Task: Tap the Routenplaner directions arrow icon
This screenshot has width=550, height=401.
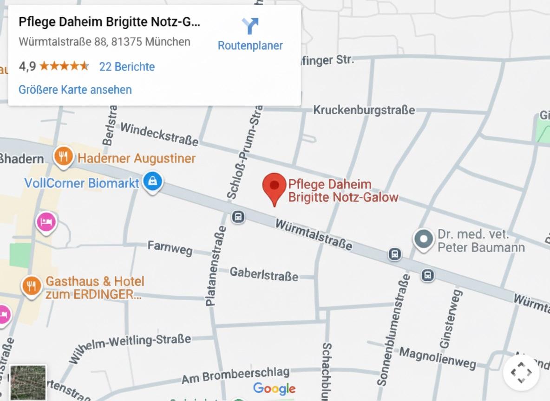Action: pos(250,26)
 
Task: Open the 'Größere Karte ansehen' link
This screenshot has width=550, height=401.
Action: pos(75,90)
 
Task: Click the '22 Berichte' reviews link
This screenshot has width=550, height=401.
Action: pos(127,67)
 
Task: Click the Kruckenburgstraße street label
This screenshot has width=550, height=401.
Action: pos(364,110)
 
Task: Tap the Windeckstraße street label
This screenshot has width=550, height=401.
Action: pos(159,134)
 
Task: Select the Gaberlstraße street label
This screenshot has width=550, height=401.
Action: pos(264,274)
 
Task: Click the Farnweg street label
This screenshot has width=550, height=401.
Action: pos(170,248)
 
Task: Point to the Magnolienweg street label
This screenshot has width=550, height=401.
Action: pos(438,358)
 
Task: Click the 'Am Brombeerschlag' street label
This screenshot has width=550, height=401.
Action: pos(236,375)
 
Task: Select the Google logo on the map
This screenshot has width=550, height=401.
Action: pos(274,388)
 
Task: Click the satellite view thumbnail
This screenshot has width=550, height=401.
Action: pos(28,383)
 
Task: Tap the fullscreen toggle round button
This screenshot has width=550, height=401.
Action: pos(521,372)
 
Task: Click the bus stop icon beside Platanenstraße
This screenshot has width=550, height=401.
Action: pos(238,217)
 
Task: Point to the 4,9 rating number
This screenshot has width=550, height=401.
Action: pos(27,66)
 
